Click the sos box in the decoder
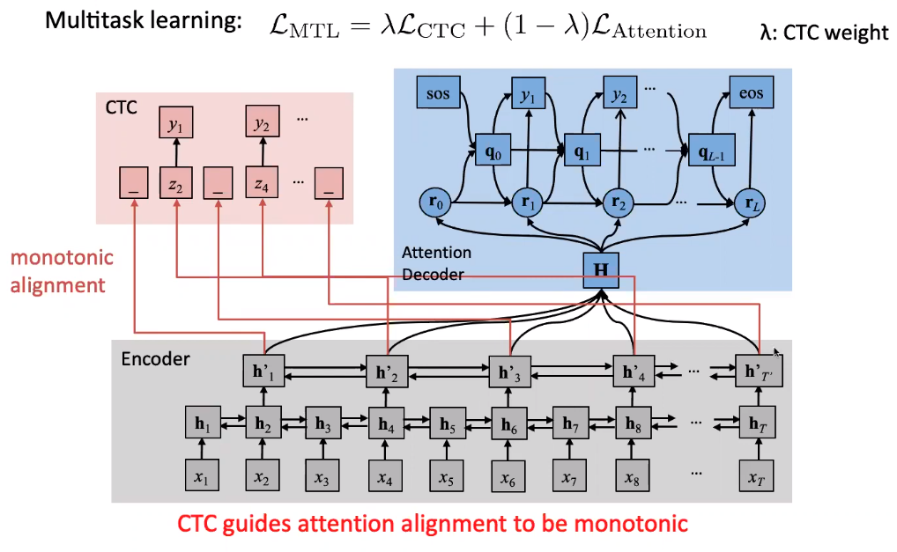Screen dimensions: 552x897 pyautogui.click(x=438, y=93)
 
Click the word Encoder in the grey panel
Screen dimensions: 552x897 pyautogui.click(x=155, y=359)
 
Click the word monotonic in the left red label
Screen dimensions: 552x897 pyautogui.click(x=62, y=259)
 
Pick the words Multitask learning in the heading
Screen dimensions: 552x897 pyautogui.click(x=144, y=22)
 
